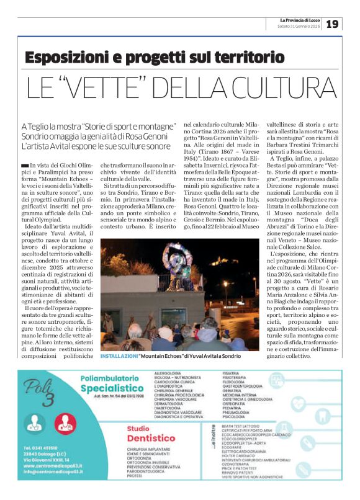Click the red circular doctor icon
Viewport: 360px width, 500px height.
[x=63, y=424]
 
